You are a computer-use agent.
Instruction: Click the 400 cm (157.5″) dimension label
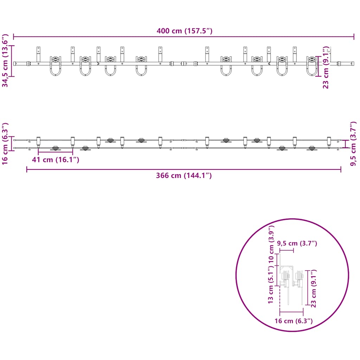click(x=184, y=31)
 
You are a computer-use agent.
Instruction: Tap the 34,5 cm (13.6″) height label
click(x=5, y=60)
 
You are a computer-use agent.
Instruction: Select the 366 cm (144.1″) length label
click(x=184, y=175)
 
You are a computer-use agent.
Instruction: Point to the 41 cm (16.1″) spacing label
click(x=56, y=160)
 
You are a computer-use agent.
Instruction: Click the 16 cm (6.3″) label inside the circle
click(x=294, y=321)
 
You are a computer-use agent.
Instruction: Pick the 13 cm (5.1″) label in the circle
click(x=271, y=285)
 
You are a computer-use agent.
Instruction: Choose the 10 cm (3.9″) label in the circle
click(x=271, y=244)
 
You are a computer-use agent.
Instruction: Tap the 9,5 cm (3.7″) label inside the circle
click(x=297, y=243)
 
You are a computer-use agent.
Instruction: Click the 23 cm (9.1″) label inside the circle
click(x=313, y=289)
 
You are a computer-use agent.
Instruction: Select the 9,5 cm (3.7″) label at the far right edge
click(x=353, y=143)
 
